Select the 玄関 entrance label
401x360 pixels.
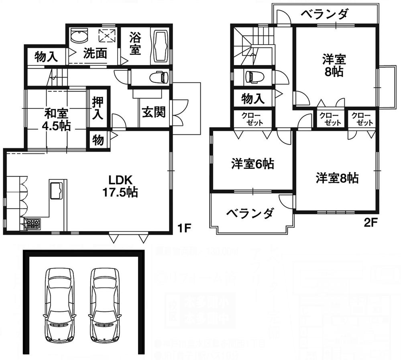point(153,113)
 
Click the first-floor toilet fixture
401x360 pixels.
point(157,77)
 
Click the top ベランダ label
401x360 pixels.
point(324,15)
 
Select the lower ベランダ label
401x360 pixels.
point(250,213)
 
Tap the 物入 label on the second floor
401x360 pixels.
point(254,98)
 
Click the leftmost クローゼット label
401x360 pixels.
point(252,119)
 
